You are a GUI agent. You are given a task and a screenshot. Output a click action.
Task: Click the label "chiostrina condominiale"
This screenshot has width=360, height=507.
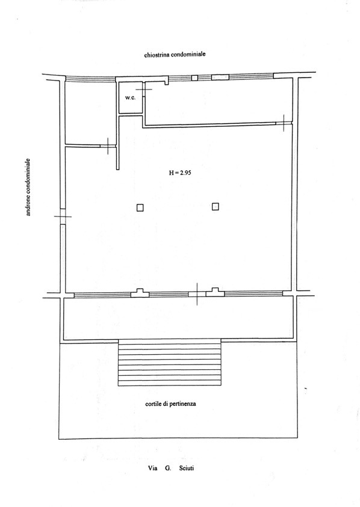point(175,54)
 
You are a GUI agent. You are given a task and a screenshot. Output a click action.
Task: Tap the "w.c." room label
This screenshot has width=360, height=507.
point(130,97)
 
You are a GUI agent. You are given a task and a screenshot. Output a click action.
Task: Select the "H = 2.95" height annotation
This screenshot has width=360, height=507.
point(180,173)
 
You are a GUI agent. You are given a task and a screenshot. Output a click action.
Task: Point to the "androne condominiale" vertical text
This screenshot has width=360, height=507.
point(28,187)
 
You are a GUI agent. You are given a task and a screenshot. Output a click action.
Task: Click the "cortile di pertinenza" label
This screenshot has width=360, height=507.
point(170,404)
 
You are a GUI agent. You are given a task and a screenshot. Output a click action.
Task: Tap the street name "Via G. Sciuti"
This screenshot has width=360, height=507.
point(171,468)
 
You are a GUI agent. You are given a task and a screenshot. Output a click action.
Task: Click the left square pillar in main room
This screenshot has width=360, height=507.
point(140,207)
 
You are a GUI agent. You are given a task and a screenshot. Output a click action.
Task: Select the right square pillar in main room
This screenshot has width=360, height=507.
point(216,206)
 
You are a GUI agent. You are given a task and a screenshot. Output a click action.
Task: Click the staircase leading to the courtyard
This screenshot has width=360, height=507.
point(170,362)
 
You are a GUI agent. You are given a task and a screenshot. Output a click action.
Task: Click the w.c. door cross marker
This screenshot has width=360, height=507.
point(143,89)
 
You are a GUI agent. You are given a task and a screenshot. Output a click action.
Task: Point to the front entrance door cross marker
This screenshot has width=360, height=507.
point(197,294)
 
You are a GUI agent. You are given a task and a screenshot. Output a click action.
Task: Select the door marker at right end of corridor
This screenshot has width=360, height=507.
point(284,123)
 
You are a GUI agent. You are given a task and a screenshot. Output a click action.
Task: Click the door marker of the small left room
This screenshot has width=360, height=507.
point(108,146)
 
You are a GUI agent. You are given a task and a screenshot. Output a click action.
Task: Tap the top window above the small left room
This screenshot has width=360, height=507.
point(91,79)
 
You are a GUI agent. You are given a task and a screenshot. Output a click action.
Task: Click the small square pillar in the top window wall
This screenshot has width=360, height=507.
point(194,78)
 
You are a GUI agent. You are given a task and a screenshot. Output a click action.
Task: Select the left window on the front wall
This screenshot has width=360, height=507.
point(102,295)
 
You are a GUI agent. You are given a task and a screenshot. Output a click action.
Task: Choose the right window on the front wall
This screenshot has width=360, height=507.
point(253,293)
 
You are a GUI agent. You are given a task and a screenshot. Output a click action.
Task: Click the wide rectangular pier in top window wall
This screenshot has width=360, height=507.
point(220,77)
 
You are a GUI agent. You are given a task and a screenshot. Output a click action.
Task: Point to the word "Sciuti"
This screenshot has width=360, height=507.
point(187,468)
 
